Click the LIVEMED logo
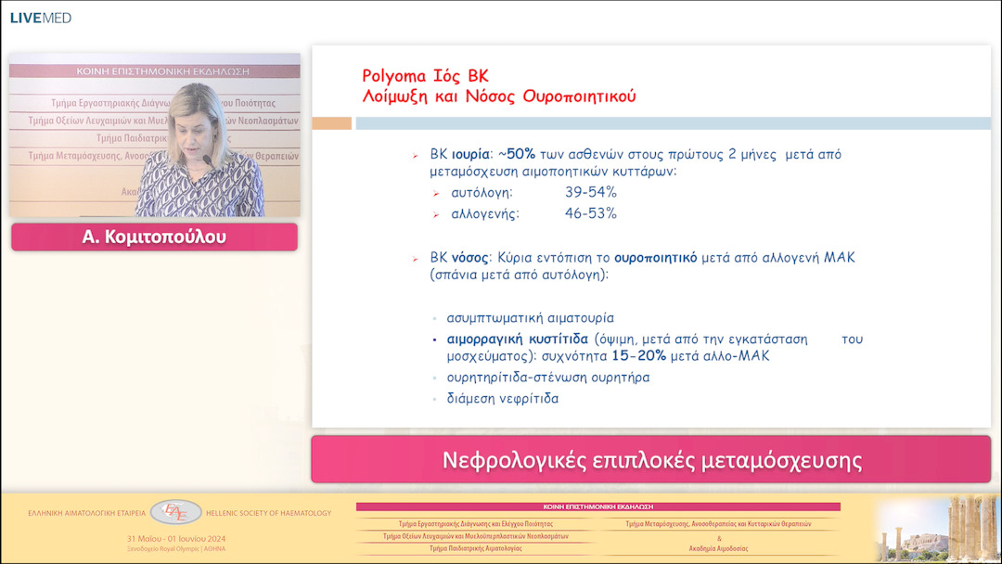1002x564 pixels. [x=40, y=18]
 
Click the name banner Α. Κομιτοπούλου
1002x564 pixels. [x=154, y=237]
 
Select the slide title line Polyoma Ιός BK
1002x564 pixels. [x=425, y=76]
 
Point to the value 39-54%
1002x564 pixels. [x=591, y=192]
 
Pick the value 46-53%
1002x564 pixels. [x=591, y=213]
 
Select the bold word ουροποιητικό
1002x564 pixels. [x=655, y=258]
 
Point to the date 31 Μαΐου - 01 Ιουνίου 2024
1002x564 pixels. [x=176, y=539]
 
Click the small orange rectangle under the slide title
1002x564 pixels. [x=331, y=123]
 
